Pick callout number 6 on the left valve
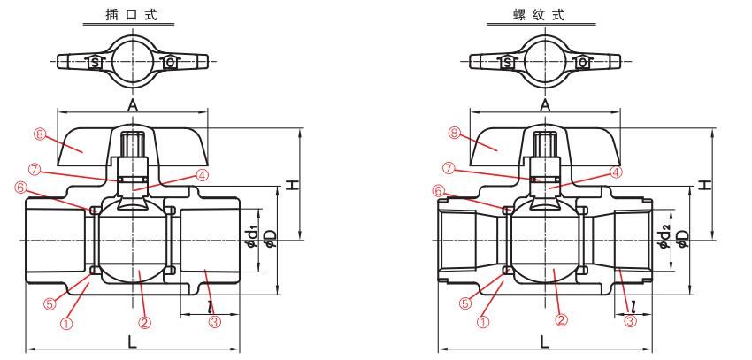tap(20, 188)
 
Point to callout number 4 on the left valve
tap(202, 175)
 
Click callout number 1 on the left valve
tap(65, 323)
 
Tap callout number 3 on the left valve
tap(213, 322)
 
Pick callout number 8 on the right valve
tap(454, 135)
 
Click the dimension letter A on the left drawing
tap(133, 103)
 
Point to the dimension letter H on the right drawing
tap(704, 184)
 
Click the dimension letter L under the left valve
tap(131, 340)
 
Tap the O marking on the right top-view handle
tap(583, 64)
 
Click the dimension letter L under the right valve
tap(544, 340)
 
